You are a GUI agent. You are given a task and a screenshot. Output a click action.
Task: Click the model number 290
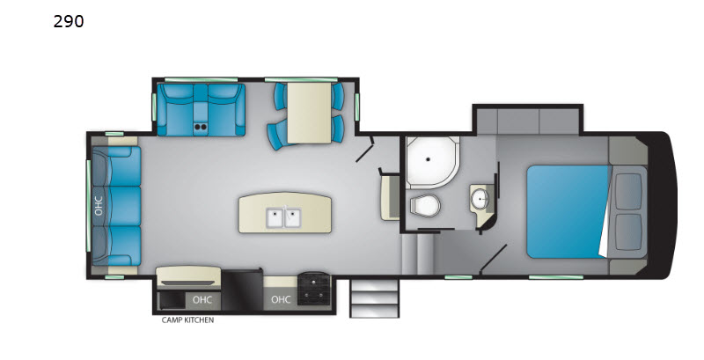(x=69, y=21)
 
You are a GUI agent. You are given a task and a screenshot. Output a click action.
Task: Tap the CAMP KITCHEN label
(x=187, y=320)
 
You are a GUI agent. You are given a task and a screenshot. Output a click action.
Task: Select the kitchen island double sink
(x=284, y=217)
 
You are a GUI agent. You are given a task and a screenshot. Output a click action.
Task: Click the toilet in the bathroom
(x=424, y=206)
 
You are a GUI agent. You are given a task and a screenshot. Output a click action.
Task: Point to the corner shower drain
(x=429, y=159)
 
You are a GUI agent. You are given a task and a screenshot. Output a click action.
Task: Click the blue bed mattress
(x=568, y=212)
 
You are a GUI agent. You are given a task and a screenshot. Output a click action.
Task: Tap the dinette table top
(x=309, y=114)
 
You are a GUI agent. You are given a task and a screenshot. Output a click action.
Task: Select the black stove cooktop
(x=314, y=288)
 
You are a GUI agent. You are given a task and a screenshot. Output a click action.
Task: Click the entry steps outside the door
(x=374, y=298)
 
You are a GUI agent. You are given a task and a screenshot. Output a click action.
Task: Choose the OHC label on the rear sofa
(x=99, y=206)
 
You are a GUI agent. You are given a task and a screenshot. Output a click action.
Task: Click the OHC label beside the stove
(x=281, y=299)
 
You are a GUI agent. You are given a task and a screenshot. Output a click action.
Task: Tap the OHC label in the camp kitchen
(x=202, y=299)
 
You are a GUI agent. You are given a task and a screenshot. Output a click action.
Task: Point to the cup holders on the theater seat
(x=201, y=127)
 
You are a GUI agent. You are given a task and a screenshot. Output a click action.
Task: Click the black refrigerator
(x=242, y=290)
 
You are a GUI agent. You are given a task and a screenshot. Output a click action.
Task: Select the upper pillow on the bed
(x=628, y=192)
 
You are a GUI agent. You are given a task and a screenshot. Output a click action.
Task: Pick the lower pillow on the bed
(x=628, y=232)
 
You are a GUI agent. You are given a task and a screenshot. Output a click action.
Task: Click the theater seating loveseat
(x=201, y=110)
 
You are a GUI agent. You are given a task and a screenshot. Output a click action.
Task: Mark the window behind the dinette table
(x=301, y=80)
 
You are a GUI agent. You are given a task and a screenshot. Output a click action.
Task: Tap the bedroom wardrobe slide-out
(x=527, y=120)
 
